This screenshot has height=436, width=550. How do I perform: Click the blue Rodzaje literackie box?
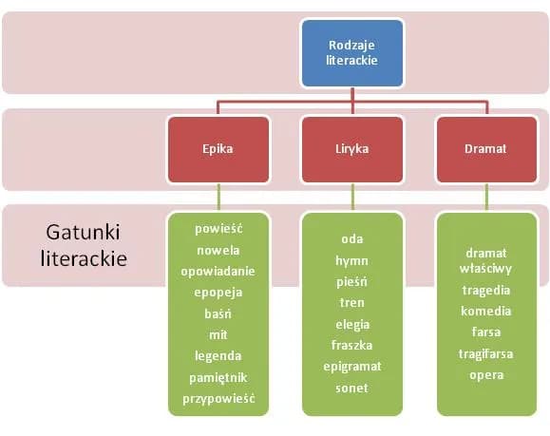pos(352,52)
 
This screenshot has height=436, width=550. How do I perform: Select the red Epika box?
pos(218,149)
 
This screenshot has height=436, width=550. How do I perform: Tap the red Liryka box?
pos(352,149)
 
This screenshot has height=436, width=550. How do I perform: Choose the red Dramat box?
pos(485,149)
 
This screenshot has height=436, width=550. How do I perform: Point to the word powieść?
pos(218,229)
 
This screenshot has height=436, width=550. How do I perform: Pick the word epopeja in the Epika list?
pos(218,292)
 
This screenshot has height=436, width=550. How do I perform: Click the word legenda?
pos(218,355)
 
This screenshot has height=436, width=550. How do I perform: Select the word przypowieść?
pos(218,398)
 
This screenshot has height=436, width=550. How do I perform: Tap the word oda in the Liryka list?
pos(352,238)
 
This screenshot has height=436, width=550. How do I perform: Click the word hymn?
pos(352,260)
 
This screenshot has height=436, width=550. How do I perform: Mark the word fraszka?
pos(352,346)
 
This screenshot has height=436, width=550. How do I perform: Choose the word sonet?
pos(352,388)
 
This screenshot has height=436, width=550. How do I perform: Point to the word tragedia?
pos(486,290)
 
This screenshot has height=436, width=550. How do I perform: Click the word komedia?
pos(486,311)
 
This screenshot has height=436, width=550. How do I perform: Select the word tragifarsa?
pos(486,353)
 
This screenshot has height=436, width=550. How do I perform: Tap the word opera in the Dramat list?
pos(486,374)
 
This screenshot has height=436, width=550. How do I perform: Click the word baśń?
pos(218,313)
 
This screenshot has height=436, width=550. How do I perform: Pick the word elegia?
pos(352,324)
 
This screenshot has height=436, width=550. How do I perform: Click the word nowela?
pos(218,250)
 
